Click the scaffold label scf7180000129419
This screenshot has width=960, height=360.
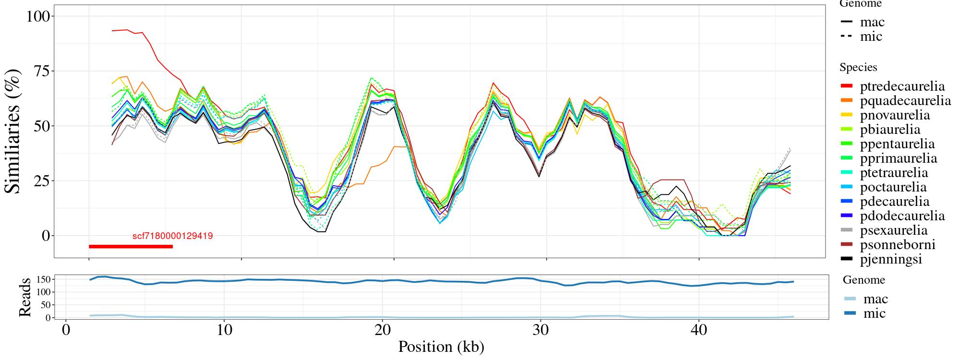[172, 236]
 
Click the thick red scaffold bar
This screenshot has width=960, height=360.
[131, 247]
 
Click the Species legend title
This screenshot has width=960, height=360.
[858, 68]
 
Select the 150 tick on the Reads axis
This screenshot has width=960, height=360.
[43, 279]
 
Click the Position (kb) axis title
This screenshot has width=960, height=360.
[441, 347]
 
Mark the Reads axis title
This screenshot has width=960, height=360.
[24, 297]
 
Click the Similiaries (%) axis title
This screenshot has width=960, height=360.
[13, 131]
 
